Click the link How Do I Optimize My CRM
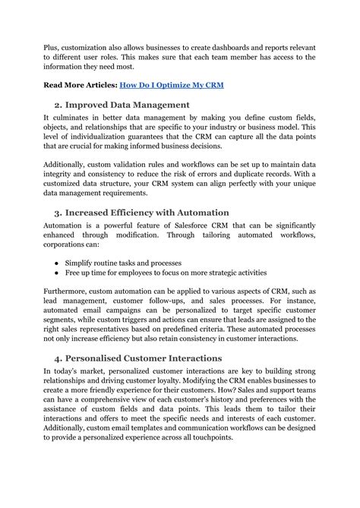click(x=178, y=84)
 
